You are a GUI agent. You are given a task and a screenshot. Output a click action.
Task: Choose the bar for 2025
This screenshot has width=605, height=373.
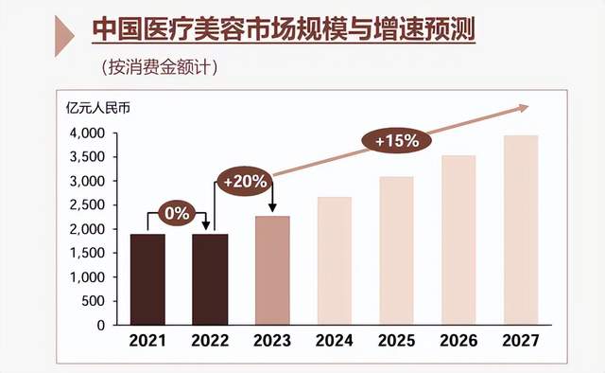click(x=395, y=251)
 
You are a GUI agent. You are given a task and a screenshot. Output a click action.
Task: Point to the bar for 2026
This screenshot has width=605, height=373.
click(x=458, y=240)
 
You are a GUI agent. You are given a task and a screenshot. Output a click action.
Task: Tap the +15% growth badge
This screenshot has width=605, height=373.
click(x=397, y=141)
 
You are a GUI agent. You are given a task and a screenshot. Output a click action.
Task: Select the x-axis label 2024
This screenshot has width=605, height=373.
click(x=334, y=340)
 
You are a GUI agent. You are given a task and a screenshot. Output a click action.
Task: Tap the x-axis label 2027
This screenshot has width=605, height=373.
click(x=520, y=340)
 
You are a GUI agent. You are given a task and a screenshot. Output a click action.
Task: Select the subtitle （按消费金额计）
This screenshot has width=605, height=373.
click(x=162, y=67)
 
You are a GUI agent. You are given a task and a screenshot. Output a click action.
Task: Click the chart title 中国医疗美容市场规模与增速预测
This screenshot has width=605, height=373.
click(x=283, y=29)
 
